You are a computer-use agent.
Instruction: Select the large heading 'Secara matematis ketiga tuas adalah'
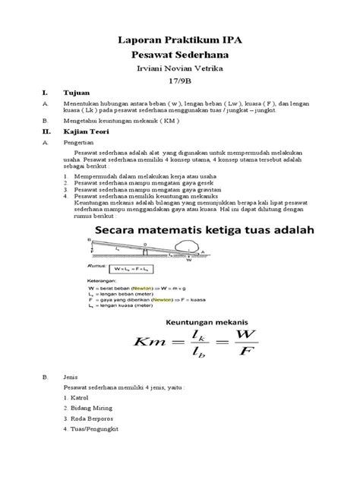[201, 231]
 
